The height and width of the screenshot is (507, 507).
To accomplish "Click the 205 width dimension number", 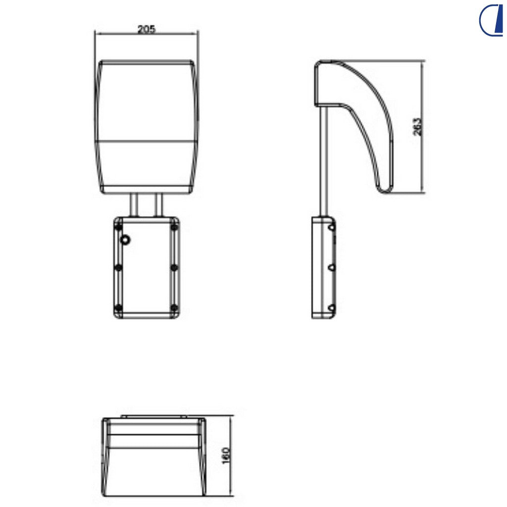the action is click(147, 29).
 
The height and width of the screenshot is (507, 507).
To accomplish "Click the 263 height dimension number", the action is click(417, 126).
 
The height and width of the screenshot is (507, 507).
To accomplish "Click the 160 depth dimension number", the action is click(226, 456).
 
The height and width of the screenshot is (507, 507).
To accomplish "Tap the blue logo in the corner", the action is click(491, 20).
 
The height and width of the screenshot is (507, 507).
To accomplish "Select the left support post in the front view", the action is click(134, 204).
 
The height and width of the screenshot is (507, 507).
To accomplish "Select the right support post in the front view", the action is click(158, 204).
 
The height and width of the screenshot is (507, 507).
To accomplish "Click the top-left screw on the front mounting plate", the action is click(119, 227).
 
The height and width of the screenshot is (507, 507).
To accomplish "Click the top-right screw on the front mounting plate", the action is click(174, 227).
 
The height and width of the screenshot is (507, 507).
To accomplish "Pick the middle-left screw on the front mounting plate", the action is click(119, 268).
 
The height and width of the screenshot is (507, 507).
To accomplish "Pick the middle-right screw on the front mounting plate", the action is click(174, 268).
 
